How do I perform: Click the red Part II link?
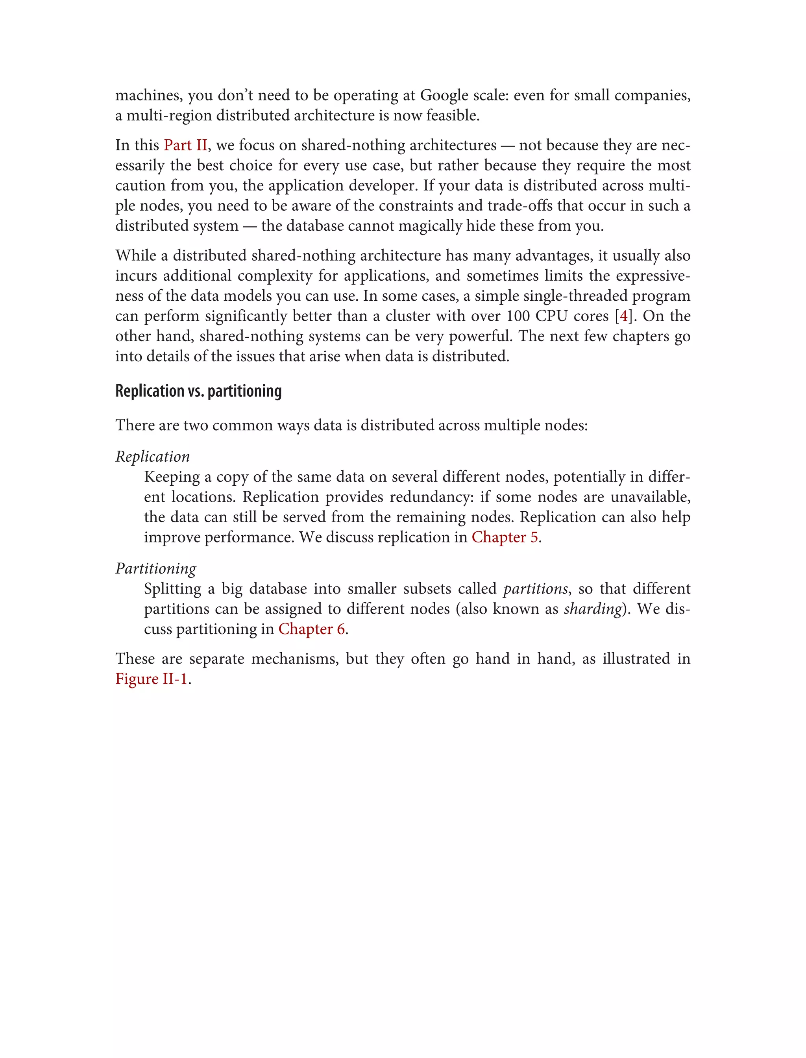[185, 145]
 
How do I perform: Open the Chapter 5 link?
[504, 537]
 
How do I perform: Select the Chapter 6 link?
[311, 629]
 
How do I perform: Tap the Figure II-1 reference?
[151, 679]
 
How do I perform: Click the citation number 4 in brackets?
[623, 316]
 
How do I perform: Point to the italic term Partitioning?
[155, 569]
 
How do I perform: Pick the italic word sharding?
[593, 609]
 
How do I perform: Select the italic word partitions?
[535, 589]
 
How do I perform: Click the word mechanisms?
[294, 659]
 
